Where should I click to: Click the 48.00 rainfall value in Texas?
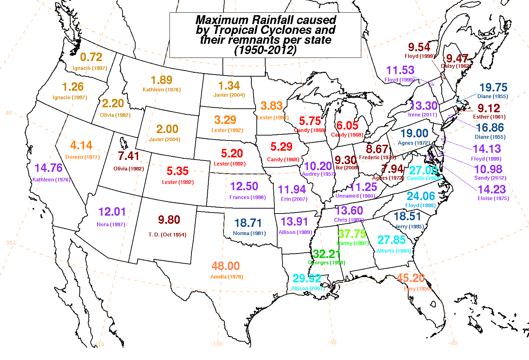pyautogui.click(x=226, y=266)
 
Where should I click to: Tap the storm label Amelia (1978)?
pyautogui.click(x=227, y=277)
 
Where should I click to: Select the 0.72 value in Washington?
pyautogui.click(x=91, y=57)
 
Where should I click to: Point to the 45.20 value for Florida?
pyautogui.click(x=410, y=278)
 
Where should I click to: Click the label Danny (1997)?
pyautogui.click(x=352, y=243)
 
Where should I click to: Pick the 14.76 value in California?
pyautogui.click(x=48, y=168)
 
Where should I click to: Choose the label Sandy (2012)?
pyautogui.click(x=490, y=178)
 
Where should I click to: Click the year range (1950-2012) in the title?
pyautogui.click(x=265, y=50)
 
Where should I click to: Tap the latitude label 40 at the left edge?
pyautogui.click(x=9, y=113)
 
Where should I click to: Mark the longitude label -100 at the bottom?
pyautogui.click(x=216, y=344)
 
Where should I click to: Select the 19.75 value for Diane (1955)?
pyautogui.click(x=493, y=87)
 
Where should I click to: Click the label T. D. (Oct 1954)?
pyautogui.click(x=167, y=235)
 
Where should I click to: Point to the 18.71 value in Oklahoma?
pyautogui.click(x=248, y=223)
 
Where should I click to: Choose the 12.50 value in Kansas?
pyautogui.click(x=244, y=186)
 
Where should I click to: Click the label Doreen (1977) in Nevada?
pyautogui.click(x=83, y=157)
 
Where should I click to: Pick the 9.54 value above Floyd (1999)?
pyautogui.click(x=419, y=47)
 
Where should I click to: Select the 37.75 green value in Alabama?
pyautogui.click(x=352, y=234)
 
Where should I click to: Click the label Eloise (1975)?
pyautogui.click(x=493, y=198)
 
